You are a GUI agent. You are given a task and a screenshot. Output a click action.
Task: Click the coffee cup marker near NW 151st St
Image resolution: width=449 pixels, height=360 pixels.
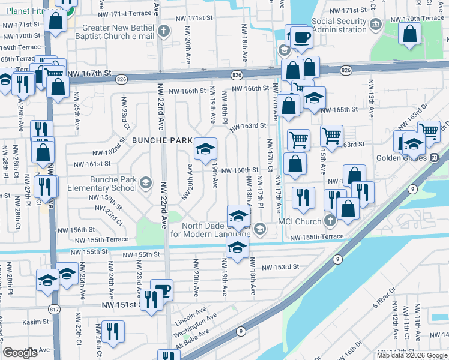coord(162,290)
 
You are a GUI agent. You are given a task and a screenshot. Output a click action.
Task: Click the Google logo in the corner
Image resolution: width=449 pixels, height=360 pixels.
coord(20,353)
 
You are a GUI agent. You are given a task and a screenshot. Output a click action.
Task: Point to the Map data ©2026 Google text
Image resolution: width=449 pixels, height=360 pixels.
coord(412,355)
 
